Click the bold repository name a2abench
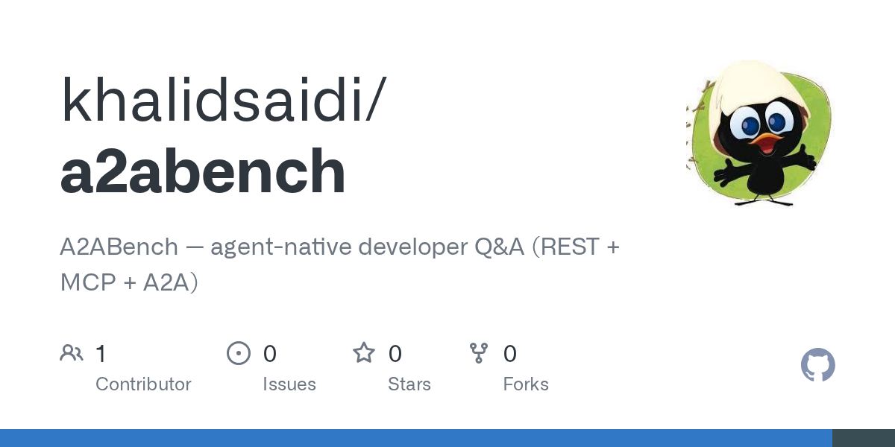(x=203, y=172)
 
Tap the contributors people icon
(x=72, y=353)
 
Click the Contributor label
(x=143, y=384)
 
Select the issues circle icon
(x=239, y=353)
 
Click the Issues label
(x=289, y=384)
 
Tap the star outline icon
(x=364, y=353)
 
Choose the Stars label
(x=409, y=384)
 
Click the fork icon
(x=479, y=353)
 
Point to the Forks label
(x=526, y=384)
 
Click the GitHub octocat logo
(x=817, y=365)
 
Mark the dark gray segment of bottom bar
(x=863, y=438)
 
